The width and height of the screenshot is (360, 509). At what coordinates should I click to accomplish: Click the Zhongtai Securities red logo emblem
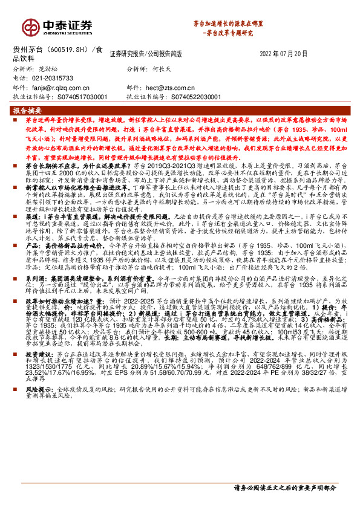coord(30,26)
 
